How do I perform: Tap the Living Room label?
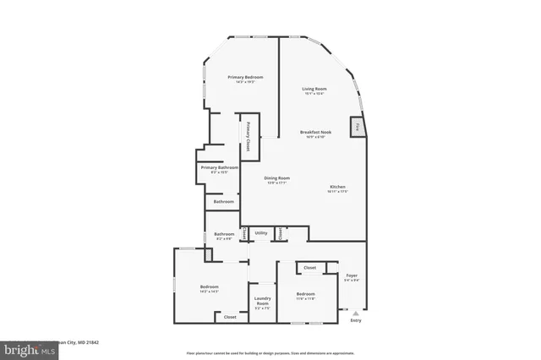(314, 90)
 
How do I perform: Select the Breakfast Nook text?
(314, 134)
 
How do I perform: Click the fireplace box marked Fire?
(358, 128)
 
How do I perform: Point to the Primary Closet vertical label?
(249, 138)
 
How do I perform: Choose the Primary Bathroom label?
(220, 169)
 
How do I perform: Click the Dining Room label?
(276, 180)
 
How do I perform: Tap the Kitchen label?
(337, 188)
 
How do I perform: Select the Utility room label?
(261, 232)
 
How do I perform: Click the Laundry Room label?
(261, 303)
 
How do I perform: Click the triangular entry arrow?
(355, 312)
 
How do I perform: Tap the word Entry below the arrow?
(355, 320)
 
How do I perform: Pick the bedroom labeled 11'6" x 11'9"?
(305, 297)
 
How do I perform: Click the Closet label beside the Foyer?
(309, 267)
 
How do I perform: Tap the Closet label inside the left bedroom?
(230, 317)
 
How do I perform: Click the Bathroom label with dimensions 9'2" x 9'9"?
(224, 236)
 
